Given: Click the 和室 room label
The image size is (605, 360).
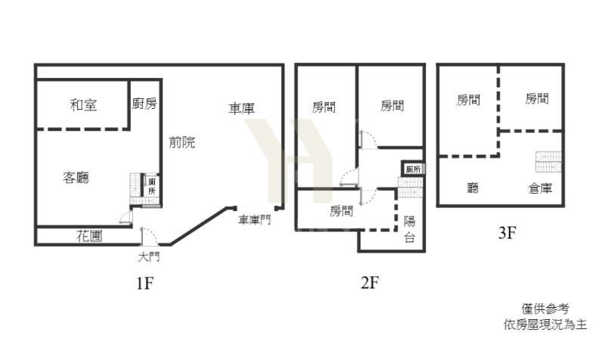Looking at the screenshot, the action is point(83,105).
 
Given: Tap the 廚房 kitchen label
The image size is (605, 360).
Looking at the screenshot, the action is point(144,104).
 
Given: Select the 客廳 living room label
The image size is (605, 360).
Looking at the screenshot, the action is point(76,178).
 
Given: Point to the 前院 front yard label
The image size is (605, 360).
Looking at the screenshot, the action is point(182,142).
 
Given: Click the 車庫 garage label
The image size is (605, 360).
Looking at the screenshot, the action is point(241,108).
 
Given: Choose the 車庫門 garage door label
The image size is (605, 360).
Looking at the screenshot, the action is point(254,219).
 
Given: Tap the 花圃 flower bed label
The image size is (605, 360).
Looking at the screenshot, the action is point(89,236).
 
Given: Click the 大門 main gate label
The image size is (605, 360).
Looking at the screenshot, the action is point(148,256).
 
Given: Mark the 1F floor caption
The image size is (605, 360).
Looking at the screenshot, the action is point(144,284).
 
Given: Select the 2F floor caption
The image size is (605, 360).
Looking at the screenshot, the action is point(370,282).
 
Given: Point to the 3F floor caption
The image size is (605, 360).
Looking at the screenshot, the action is point(507,233).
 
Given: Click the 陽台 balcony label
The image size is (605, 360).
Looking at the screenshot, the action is point(410,229).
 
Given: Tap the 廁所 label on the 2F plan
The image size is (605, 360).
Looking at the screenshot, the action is point(413,169).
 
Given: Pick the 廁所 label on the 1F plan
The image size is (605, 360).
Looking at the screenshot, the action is point(152,186).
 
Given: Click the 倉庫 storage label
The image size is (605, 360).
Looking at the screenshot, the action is point(540,188).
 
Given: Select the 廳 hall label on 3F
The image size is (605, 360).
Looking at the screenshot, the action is point(473,188).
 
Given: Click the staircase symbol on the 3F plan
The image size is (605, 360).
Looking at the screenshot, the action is point(548,162).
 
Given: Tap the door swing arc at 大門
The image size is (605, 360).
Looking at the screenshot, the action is point(150,236).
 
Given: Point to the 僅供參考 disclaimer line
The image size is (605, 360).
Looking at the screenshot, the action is point(545,309).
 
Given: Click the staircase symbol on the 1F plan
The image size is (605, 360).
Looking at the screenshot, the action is point(136,189).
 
